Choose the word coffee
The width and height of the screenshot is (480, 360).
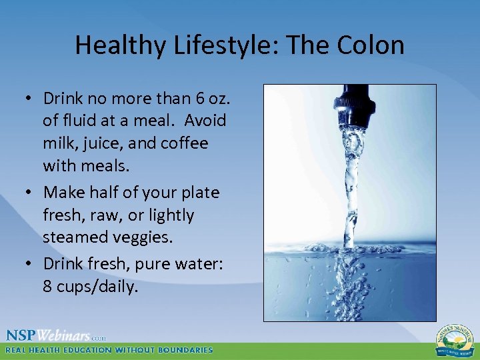[183, 143]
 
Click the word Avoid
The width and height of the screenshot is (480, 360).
[205, 121]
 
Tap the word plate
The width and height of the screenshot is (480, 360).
[197, 193]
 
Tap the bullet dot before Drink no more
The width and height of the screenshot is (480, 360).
[30, 99]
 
